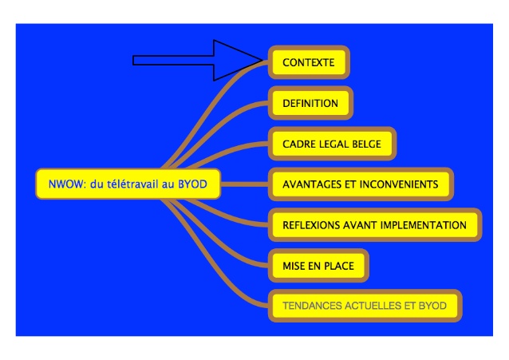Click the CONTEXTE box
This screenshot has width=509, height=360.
pyautogui.click(x=309, y=62)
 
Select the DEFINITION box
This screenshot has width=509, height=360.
pyautogui.click(x=310, y=103)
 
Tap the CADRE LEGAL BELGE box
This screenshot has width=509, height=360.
pyautogui.click(x=332, y=144)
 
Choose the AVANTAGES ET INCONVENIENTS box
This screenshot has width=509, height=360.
pyautogui.click(x=361, y=184)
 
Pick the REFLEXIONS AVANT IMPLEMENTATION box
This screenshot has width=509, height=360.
pyautogui.click(x=374, y=225)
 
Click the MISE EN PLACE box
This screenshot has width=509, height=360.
pyautogui.click(x=318, y=265)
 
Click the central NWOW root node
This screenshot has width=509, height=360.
pyautogui.click(x=128, y=184)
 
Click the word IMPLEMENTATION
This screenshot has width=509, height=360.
pyautogui.click(x=422, y=225)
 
